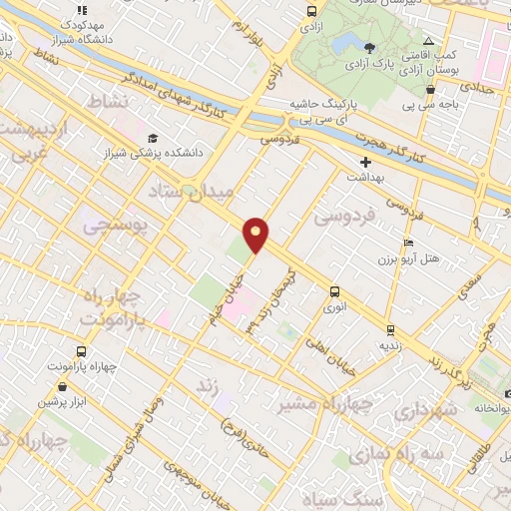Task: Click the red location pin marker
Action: pyautogui.click(x=256, y=234)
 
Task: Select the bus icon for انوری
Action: pyautogui.click(x=335, y=291)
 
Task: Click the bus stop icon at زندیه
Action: pyautogui.click(x=390, y=329)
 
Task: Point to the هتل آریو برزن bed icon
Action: pyautogui.click(x=406, y=244)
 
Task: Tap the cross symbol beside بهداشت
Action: pyautogui.click(x=366, y=161)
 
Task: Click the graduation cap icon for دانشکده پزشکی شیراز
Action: pyautogui.click(x=152, y=139)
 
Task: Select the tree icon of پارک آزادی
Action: pyautogui.click(x=370, y=47)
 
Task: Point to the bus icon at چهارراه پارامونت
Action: pyautogui.click(x=81, y=351)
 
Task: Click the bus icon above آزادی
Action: pyautogui.click(x=312, y=12)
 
